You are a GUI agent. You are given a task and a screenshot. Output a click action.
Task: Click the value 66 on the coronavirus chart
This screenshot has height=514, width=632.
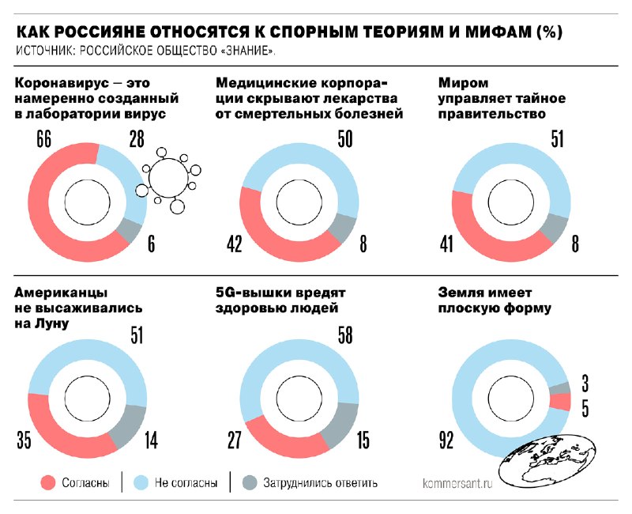point(43,140)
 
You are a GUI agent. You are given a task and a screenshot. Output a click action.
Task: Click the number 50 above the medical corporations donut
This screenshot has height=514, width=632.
point(344,140)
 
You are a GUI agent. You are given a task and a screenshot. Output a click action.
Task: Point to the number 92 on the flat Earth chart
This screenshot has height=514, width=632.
point(446,441)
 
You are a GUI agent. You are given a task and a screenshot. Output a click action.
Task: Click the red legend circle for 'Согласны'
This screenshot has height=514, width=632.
point(48,482)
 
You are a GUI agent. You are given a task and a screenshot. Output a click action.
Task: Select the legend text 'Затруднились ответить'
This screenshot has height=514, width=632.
point(321,482)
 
